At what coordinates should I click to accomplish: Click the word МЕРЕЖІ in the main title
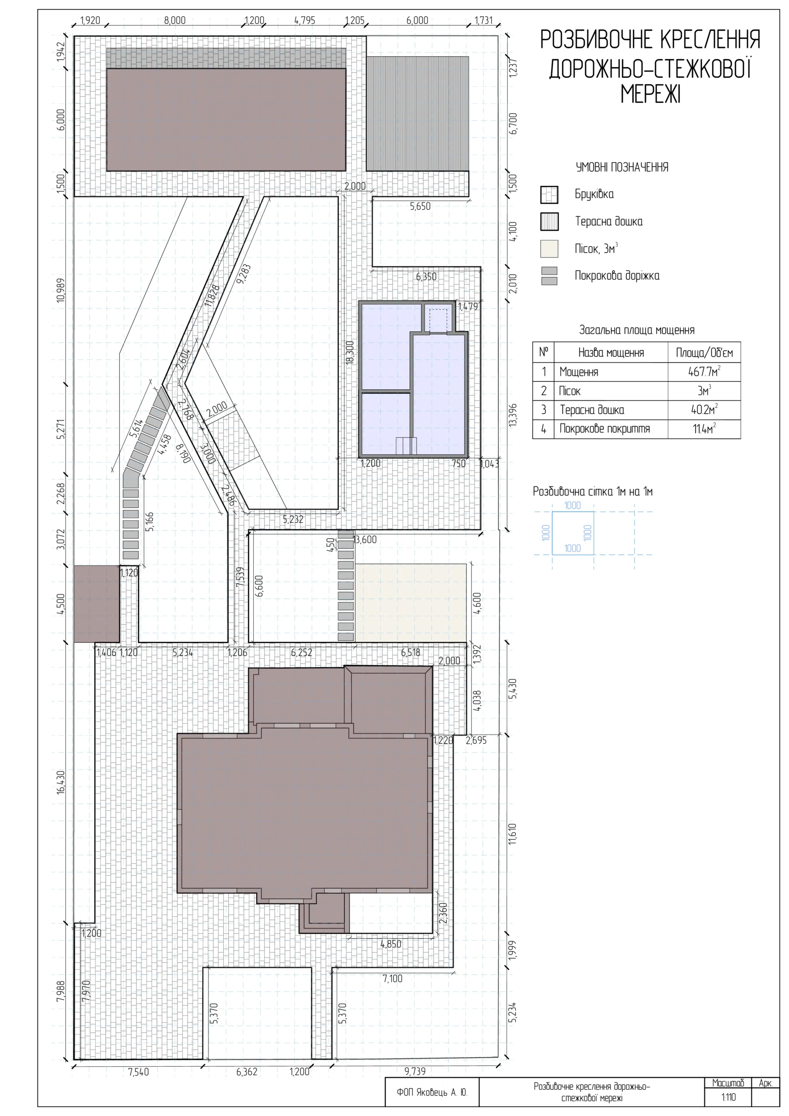click(650, 94)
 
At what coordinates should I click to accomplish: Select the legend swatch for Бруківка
click(549, 195)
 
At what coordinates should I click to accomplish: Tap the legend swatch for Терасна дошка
click(549, 221)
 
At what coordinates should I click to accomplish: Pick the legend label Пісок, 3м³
click(596, 248)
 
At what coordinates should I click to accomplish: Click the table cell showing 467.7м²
click(704, 372)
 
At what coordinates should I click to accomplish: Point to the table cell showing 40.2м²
click(704, 410)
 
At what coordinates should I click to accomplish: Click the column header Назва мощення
click(611, 352)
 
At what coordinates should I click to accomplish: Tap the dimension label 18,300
click(350, 352)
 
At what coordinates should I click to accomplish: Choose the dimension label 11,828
click(212, 295)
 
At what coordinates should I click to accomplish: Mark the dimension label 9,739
click(415, 1071)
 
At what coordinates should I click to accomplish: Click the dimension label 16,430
click(61, 782)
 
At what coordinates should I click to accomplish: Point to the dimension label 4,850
click(391, 944)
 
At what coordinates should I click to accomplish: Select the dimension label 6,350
click(426, 276)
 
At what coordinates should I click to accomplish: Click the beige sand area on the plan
click(410, 603)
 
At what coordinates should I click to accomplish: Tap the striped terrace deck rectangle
click(418, 114)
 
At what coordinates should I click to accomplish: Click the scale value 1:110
click(728, 1097)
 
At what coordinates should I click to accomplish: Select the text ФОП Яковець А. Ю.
click(432, 1092)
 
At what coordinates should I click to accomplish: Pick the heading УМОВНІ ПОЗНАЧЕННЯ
click(622, 167)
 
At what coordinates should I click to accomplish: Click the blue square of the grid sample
click(552, 533)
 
